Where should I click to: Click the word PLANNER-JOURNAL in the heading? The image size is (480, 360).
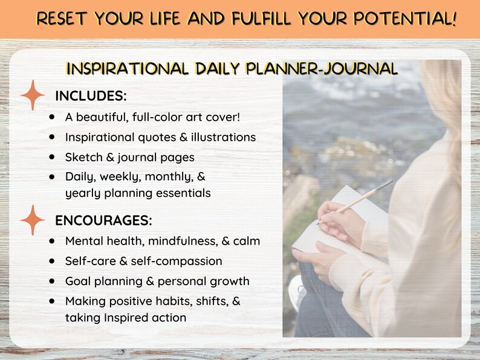[x=322, y=68]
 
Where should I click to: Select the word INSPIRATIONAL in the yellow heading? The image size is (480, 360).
[x=128, y=68]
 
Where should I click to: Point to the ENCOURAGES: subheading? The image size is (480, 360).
[x=103, y=219]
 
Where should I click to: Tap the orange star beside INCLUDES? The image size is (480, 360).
[x=33, y=96]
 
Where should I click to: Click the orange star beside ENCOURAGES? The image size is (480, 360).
[x=33, y=219]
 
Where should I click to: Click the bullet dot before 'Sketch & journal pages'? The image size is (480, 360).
[x=53, y=156]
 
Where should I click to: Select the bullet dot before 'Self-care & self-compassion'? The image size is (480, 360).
[x=53, y=261]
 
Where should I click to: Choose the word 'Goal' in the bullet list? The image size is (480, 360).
[x=79, y=281]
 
